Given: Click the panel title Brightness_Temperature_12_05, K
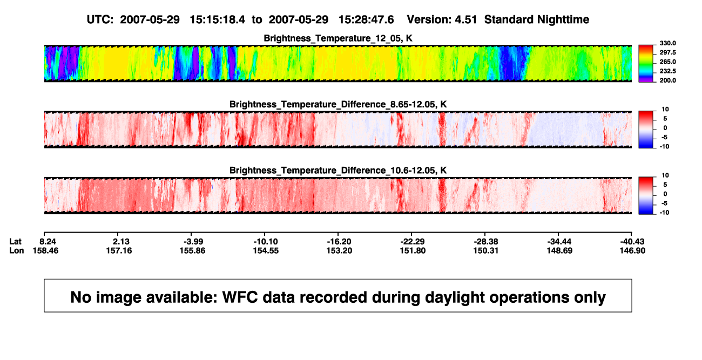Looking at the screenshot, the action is click(x=338, y=38).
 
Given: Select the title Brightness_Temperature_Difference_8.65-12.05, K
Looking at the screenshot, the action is click(x=338, y=104).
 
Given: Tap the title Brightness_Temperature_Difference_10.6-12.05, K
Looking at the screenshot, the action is click(x=338, y=171).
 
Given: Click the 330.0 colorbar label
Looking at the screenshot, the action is click(x=667, y=43).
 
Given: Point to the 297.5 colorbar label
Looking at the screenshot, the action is click(x=667, y=52).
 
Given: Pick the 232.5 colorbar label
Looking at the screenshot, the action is click(x=667, y=71).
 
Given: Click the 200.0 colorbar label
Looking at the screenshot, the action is click(x=667, y=80).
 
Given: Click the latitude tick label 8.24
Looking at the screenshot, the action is click(x=48, y=242).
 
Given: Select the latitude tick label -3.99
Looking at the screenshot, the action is click(x=193, y=242).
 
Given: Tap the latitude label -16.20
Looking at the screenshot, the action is click(x=339, y=242).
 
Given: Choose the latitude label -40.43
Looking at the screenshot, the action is click(x=632, y=242).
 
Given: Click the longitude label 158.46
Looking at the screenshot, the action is click(x=45, y=250).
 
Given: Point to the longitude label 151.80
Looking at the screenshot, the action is click(x=413, y=250).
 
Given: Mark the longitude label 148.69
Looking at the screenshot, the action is click(x=559, y=250).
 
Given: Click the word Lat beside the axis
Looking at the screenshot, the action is click(x=15, y=242).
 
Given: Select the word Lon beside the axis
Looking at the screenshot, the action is click(x=17, y=250).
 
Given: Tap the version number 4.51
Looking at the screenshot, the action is click(x=465, y=20).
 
